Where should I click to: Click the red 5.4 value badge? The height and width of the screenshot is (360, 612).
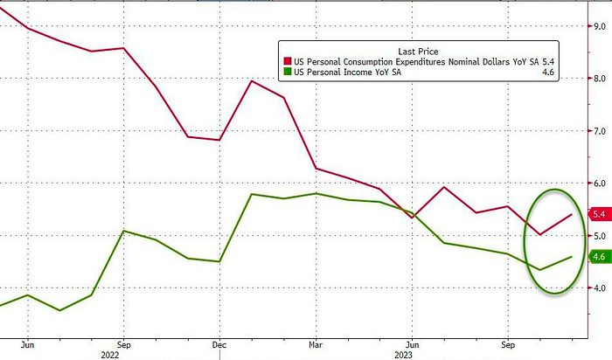coord(599,214)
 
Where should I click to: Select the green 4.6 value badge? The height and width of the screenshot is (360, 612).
coord(599,256)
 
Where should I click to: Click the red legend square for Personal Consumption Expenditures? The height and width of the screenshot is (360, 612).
coord(287,60)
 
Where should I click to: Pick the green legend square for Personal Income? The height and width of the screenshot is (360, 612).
coord(287,72)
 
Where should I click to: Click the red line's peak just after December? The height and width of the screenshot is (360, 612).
coord(252,81)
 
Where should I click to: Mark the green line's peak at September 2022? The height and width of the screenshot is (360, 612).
coord(124,231)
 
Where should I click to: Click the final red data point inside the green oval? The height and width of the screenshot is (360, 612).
coord(572,214)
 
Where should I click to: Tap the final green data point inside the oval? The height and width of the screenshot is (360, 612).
coord(572,257)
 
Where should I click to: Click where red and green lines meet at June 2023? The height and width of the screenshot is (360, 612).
coord(410,213)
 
